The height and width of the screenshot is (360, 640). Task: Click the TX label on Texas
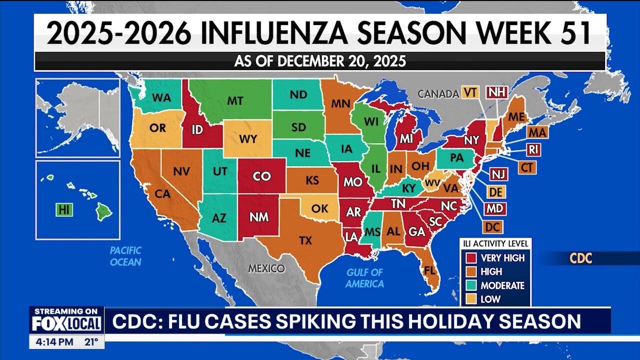[x=305, y=240]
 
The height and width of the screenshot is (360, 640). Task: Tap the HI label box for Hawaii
[x=64, y=209]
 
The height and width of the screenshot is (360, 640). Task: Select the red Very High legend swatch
[x=470, y=258]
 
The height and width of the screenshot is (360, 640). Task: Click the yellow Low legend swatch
[x=470, y=299]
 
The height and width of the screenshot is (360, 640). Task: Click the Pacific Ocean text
[x=125, y=256]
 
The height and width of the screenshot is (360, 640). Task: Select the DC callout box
[x=492, y=226]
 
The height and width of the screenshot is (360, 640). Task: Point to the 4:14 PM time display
[x=53, y=343]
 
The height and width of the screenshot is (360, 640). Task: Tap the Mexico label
[x=266, y=268]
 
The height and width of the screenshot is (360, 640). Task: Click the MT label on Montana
[x=235, y=100]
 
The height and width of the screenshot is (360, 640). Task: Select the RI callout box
[x=533, y=149]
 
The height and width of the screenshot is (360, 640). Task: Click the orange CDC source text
[x=580, y=258]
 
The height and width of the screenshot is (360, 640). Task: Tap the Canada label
[x=438, y=93]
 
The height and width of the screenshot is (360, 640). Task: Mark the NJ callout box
[x=497, y=174]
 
